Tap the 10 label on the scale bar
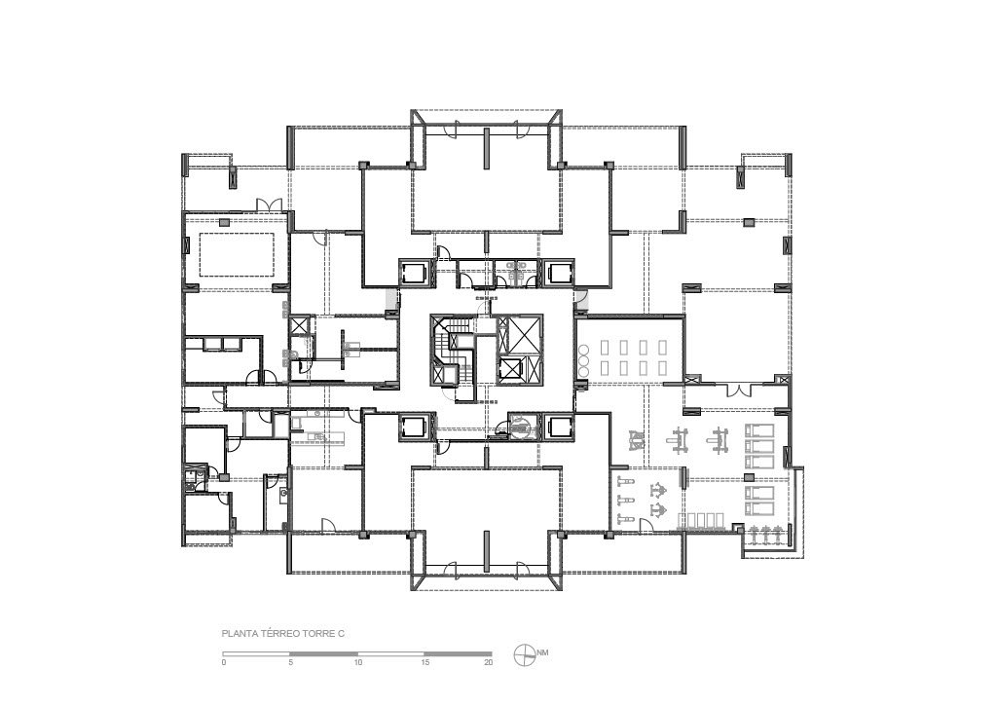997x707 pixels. coord(358,662)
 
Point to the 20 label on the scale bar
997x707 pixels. coord(489,662)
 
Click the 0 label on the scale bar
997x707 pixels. coord(224,662)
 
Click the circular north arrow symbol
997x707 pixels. coord(524,653)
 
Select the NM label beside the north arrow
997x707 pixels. coord(542,652)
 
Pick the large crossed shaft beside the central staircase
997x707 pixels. coord(520,334)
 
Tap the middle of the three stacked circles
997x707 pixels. coord(582,359)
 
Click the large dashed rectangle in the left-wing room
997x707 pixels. coord(238,254)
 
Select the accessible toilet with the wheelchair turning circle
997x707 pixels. coord(520,425)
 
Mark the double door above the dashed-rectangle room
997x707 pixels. coord(269,205)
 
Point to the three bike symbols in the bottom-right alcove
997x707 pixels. coord(765,535)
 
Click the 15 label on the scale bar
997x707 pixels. coord(425,662)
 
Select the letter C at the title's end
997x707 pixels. coord(341,634)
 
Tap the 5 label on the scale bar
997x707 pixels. coord(290,662)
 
